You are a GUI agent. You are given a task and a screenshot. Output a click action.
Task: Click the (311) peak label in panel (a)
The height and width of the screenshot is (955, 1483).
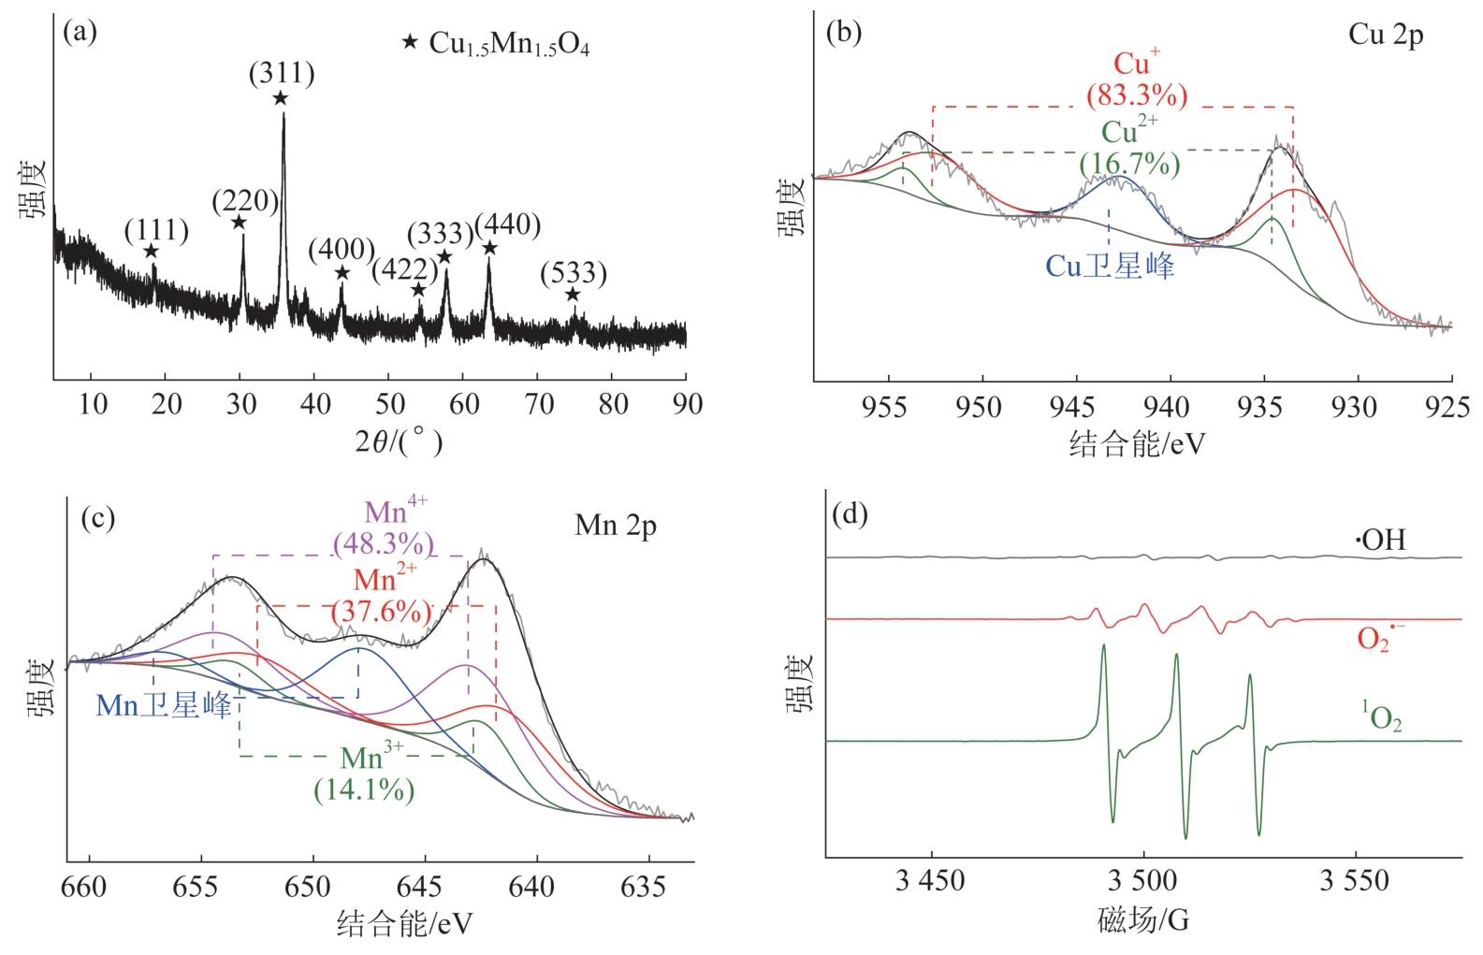pos(282,74)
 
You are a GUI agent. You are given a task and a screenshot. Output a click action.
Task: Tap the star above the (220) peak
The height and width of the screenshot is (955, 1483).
pos(239,222)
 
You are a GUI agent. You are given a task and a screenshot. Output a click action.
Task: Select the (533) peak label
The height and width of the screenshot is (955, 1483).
pos(574,273)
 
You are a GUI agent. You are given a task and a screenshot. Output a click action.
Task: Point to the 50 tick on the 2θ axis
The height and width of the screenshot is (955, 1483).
pos(389,404)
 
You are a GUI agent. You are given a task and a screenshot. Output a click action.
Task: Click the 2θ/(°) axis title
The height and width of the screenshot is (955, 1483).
pos(399,441)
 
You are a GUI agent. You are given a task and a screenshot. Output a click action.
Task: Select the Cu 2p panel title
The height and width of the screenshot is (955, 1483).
pos(1385,36)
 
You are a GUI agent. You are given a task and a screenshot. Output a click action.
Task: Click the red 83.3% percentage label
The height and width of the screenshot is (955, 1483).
pos(1137,95)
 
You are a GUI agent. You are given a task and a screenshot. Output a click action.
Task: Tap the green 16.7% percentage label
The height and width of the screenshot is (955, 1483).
pos(1129,165)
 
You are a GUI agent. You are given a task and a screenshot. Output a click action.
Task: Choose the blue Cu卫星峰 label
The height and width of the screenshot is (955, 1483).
pos(1110,267)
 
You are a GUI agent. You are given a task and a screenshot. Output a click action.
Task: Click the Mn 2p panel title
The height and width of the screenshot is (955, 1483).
pos(616,526)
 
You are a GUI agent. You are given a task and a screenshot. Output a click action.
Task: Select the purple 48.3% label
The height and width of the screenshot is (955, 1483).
pos(384,543)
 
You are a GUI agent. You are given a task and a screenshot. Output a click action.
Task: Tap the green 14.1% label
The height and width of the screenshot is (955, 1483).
pos(364,790)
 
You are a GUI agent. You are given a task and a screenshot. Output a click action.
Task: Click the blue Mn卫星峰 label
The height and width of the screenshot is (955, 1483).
pos(164,705)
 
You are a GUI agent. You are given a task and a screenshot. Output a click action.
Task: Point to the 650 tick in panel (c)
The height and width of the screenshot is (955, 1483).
pos(309,887)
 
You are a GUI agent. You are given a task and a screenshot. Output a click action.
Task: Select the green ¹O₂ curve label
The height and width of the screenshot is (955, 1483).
pos(1382,718)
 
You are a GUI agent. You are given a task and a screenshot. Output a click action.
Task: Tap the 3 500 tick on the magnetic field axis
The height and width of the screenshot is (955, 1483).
pos(1142,881)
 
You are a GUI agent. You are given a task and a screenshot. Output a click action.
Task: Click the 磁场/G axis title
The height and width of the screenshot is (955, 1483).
pos(1142,921)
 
